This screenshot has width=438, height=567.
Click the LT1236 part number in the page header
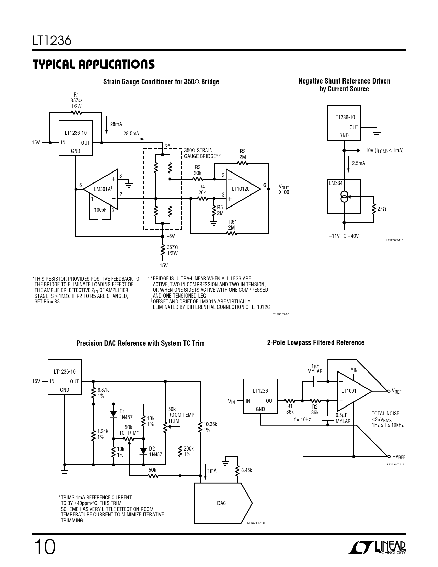point(52,41)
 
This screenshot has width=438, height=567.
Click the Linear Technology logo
point(377,548)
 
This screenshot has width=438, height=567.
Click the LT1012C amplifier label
point(241,189)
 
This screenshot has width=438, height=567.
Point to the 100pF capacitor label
point(100,210)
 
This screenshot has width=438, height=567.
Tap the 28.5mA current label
point(131,134)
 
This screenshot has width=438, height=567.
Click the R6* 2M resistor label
point(232,225)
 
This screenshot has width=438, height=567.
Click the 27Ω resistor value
point(382,209)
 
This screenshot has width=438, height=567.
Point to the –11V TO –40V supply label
point(344,236)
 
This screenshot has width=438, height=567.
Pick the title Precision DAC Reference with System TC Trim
point(140,343)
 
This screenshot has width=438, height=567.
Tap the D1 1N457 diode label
point(126,414)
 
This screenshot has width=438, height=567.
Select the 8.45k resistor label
point(246,470)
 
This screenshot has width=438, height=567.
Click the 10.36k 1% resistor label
point(210,427)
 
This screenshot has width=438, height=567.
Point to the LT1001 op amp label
point(349,391)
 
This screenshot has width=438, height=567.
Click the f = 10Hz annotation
point(302,420)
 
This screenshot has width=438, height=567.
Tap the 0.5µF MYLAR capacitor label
point(343,418)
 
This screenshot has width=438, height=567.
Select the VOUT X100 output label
point(284,190)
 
